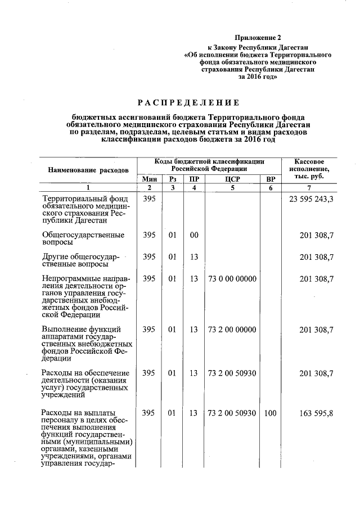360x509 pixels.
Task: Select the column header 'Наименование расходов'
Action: pos(88,169)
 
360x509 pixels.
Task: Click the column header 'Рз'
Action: pos(173,179)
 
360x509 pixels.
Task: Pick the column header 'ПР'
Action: pos(193,179)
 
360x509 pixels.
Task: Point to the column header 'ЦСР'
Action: pos(232,179)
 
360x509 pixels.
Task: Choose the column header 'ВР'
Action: pos(270,179)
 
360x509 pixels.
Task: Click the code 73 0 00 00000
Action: pos(232,279)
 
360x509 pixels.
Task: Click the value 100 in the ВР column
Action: pos(270,413)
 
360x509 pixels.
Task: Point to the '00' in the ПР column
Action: pos(193,235)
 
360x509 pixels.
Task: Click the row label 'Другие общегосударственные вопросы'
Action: pos(81,260)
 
